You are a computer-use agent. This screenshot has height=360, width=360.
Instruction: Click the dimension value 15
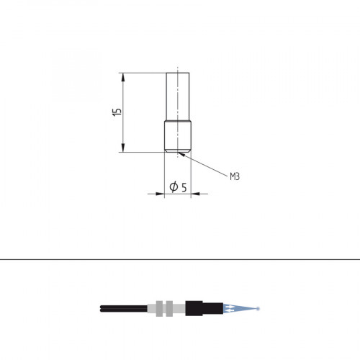117,112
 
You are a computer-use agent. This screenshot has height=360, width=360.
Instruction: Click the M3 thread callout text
234,176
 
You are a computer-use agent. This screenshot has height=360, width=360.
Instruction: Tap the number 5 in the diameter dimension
184,187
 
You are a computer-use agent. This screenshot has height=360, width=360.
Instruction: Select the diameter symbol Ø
174,187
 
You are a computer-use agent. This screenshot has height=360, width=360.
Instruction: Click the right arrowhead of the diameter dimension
194,194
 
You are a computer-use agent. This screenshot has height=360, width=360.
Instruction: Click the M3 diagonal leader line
205,165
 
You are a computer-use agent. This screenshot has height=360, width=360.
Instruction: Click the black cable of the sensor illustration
122,309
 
